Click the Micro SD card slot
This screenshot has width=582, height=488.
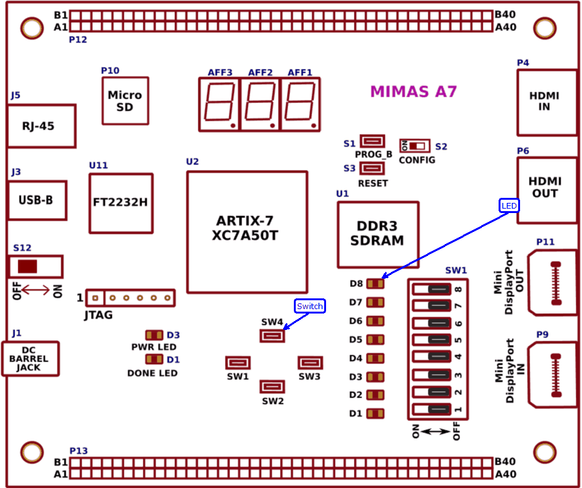click(126, 101)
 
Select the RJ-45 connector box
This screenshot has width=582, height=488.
click(41, 126)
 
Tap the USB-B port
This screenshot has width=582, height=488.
click(37, 200)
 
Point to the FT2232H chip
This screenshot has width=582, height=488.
click(121, 204)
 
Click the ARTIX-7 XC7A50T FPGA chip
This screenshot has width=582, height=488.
click(247, 232)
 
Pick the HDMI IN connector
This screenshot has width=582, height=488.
click(547, 102)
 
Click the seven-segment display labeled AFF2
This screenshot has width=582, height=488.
click(260, 104)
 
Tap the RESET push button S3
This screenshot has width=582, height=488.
click(373, 168)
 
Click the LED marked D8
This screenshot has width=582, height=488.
click(375, 283)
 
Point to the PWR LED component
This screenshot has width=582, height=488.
click(154, 334)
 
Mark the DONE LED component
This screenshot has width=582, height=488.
click(154, 359)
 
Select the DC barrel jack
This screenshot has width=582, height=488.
click(30, 359)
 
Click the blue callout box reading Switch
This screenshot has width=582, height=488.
click(310, 306)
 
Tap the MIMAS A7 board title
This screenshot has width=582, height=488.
click(413, 92)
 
